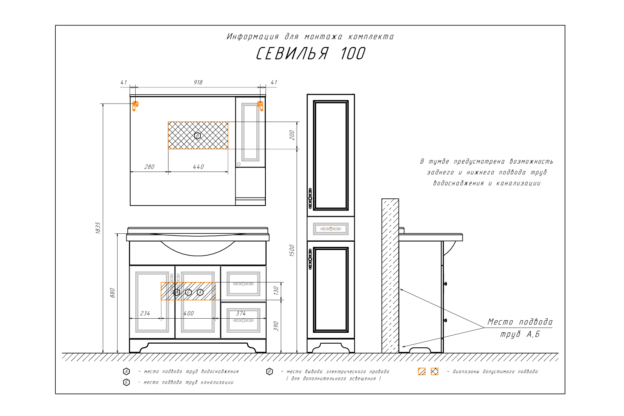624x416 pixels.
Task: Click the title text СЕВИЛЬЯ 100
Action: pyautogui.click(x=311, y=53)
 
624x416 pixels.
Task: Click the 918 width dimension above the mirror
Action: pyautogui.click(x=198, y=82)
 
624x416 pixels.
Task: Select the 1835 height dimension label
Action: pyautogui.click(x=98, y=228)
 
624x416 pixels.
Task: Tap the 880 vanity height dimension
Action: pyautogui.click(x=112, y=293)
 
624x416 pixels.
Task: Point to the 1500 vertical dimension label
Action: pyautogui.click(x=292, y=250)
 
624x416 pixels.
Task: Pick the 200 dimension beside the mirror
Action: pyautogui.click(x=292, y=135)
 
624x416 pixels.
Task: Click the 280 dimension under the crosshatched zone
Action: pyautogui.click(x=149, y=167)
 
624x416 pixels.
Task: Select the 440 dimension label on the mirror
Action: pyautogui.click(x=198, y=167)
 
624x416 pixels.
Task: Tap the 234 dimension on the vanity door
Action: pyautogui.click(x=145, y=314)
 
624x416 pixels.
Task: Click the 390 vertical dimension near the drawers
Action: pyautogui.click(x=276, y=326)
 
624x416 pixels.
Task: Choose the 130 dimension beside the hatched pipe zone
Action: pyautogui.click(x=276, y=290)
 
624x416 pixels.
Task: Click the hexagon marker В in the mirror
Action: pyautogui.click(x=198, y=136)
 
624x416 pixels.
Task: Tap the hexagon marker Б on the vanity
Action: pyautogui.click(x=188, y=292)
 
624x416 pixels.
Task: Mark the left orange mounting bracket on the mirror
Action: pyautogui.click(x=135, y=106)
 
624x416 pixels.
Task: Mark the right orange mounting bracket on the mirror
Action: pyautogui.click(x=260, y=106)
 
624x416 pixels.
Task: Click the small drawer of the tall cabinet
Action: pyautogui.click(x=331, y=229)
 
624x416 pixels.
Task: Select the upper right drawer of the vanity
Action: pyautogui.click(x=243, y=284)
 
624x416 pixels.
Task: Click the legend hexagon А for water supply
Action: pyautogui.click(x=126, y=371)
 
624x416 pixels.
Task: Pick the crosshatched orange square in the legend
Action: pyautogui.click(x=435, y=371)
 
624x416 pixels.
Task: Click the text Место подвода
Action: pyautogui.click(x=520, y=322)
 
